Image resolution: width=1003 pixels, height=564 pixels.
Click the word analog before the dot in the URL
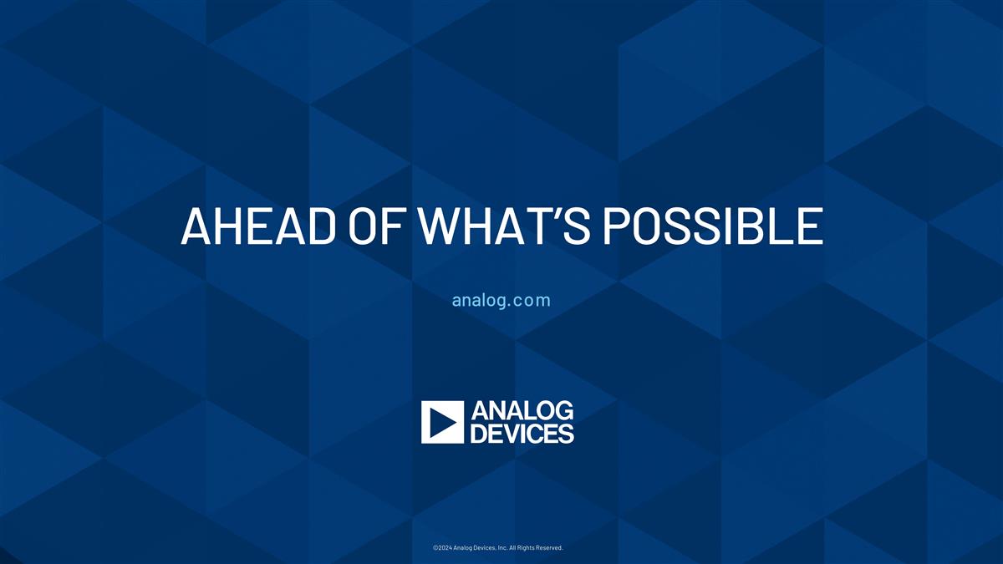478,300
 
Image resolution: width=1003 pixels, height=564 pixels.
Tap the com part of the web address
532,300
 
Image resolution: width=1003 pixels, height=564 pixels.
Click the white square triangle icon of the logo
442,422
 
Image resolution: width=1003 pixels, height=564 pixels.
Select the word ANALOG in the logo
522,411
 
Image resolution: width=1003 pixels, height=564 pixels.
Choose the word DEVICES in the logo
522,434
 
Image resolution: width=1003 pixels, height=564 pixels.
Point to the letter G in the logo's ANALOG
563,411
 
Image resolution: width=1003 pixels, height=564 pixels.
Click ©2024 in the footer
443,548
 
